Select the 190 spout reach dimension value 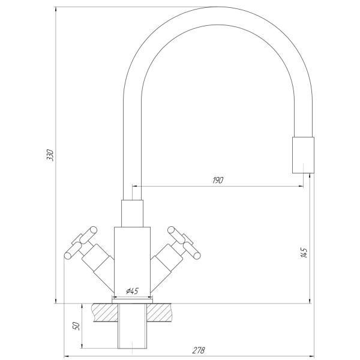(217, 181)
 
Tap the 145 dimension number (304, 253)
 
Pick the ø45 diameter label (132, 291)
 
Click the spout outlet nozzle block (303, 155)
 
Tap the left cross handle (80, 242)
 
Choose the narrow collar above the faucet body (132, 214)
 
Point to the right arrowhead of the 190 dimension (300, 186)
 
